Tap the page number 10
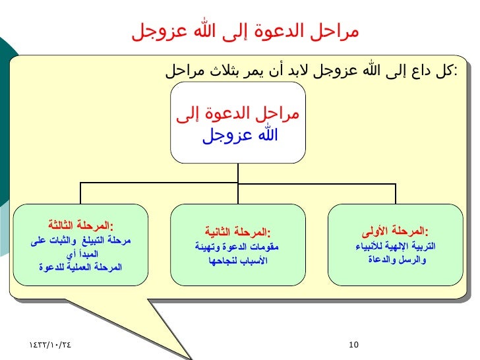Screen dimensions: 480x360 click(353, 344)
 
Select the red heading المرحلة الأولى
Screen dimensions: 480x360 click(395, 231)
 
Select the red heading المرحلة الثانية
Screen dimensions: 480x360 click(237, 232)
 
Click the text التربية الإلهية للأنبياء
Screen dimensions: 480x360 click(395, 247)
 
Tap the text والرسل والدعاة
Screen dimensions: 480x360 click(395, 260)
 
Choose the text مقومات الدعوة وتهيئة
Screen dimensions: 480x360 click(237, 247)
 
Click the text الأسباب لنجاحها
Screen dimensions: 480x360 click(237, 260)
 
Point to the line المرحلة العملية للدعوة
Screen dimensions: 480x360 click(80, 267)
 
